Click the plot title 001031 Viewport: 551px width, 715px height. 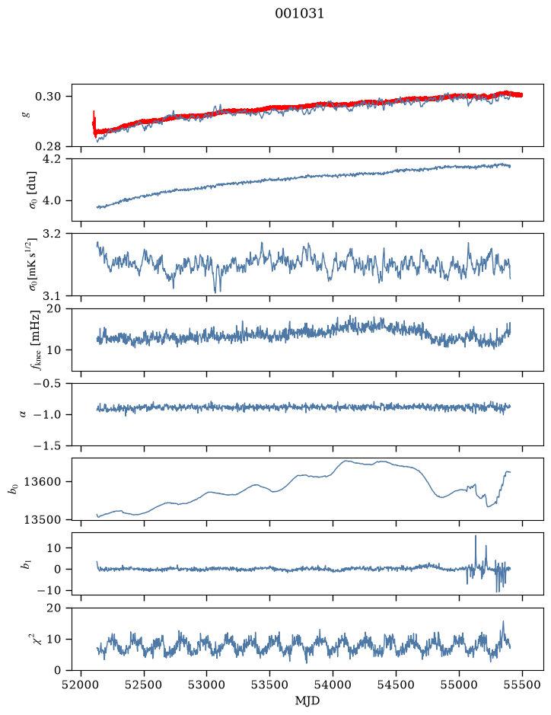[299, 14]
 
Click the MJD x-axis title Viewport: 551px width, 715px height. [307, 701]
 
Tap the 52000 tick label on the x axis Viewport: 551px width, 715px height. [81, 685]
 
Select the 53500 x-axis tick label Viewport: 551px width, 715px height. [270, 685]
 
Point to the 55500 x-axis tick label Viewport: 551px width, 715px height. [522, 685]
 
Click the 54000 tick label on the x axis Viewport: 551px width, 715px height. [333, 685]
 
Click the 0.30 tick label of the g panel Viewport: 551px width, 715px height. [48, 96]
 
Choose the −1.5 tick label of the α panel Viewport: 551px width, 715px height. [47, 445]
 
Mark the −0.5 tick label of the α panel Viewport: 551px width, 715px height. [47, 384]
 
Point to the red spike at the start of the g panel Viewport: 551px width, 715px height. [94, 120]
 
